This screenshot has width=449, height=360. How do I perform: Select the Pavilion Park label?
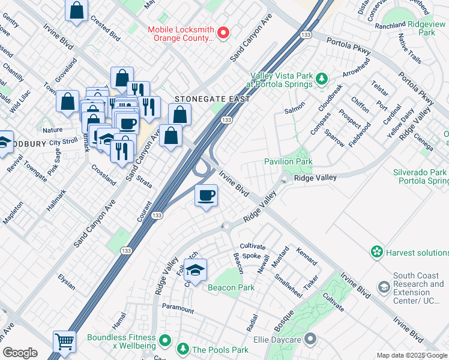288,162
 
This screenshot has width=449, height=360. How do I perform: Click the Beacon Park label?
231,287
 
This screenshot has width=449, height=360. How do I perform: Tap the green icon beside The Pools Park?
182,349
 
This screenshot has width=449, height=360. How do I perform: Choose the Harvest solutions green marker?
377,251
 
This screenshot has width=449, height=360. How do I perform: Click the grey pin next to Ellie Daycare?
310,340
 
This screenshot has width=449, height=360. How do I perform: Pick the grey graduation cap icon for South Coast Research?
383,287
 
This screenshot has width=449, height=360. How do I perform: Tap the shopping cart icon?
64,342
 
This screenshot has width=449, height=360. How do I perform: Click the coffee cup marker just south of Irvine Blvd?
206,196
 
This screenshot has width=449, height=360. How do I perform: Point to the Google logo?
20,353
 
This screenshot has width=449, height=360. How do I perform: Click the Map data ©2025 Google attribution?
412,355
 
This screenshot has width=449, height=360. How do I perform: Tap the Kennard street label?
307,255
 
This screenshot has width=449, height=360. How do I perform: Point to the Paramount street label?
178,309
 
